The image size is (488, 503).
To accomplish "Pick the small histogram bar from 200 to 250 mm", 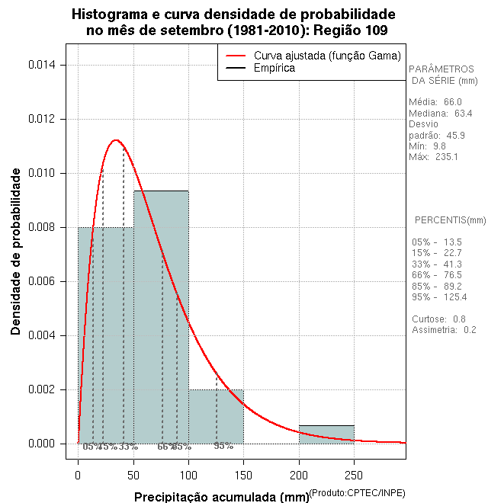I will pos(326,434).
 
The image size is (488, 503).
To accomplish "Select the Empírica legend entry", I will pos(274,69).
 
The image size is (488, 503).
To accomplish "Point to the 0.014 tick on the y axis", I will pos(45,65).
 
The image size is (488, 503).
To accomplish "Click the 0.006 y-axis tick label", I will pos(45,281).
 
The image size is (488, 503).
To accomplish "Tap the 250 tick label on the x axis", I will pos(354,475).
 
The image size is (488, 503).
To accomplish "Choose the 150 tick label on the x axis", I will pos(243,475).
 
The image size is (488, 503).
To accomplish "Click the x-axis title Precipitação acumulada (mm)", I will pos(221,498).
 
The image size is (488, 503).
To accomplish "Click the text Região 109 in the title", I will pos(345,30).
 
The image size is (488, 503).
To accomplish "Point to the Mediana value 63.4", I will pos(463,113).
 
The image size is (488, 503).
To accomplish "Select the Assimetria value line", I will pos(443,329).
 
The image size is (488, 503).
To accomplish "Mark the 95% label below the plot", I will pos(223,446).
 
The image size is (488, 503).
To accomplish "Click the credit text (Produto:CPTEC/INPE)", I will pos(356,494).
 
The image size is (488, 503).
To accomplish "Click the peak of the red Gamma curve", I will pos(116,140).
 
